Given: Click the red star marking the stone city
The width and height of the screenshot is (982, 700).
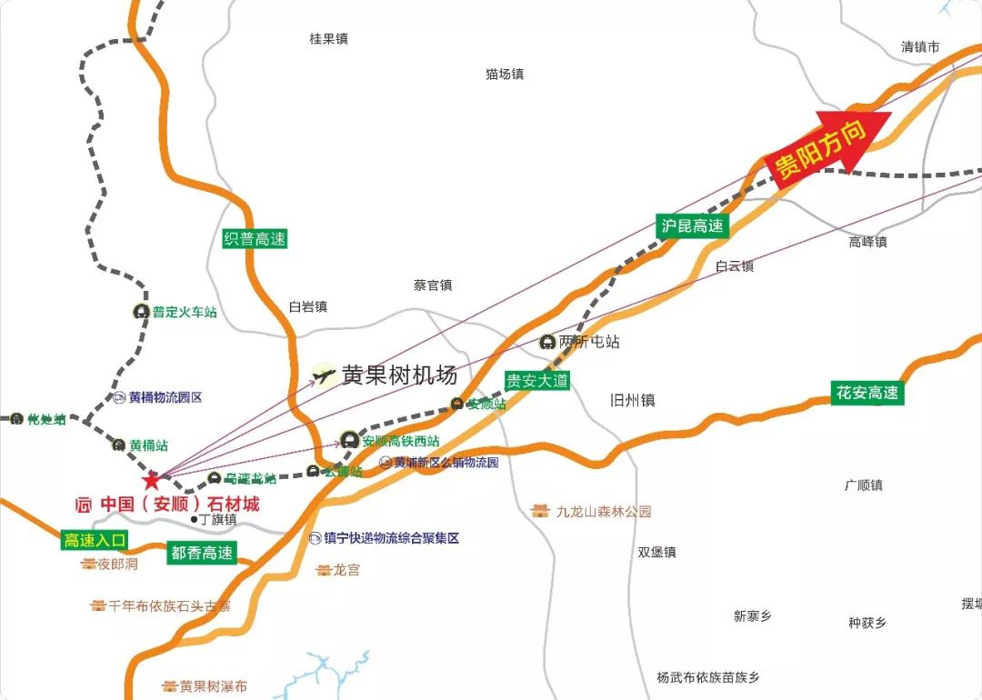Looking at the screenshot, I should pos(151,479).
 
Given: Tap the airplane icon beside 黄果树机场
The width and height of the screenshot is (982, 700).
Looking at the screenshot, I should pos(323,375).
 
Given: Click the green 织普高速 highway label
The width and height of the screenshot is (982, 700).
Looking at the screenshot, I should pos(255,239).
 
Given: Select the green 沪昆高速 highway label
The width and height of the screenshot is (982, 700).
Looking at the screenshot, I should pos(694,226).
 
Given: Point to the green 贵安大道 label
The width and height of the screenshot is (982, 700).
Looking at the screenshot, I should pos(537,380).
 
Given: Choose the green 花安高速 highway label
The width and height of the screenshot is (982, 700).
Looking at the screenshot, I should pos(867,393).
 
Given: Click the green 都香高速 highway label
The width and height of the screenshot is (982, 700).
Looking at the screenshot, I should pos(202,552).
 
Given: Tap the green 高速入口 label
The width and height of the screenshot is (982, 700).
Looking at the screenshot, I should pos(95,540).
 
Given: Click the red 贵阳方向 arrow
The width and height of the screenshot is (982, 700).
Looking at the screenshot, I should pos(828,145).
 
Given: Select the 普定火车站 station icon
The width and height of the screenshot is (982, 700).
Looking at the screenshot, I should pos(141,312).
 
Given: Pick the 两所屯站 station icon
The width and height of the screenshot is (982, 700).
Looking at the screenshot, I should pos(547,343).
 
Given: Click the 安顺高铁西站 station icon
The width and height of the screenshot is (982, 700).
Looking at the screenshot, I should pos(350,440).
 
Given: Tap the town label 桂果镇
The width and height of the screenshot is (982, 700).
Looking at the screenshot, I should pos(328,39).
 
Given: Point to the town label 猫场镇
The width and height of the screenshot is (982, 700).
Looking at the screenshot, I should pos(505,75).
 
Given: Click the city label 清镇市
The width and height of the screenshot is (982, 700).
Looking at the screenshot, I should pos(919,46).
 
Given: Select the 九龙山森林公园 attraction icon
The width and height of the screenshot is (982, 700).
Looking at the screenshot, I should pos(542,511).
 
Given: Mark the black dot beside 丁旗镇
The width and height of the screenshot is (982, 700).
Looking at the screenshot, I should pos(194,520).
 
